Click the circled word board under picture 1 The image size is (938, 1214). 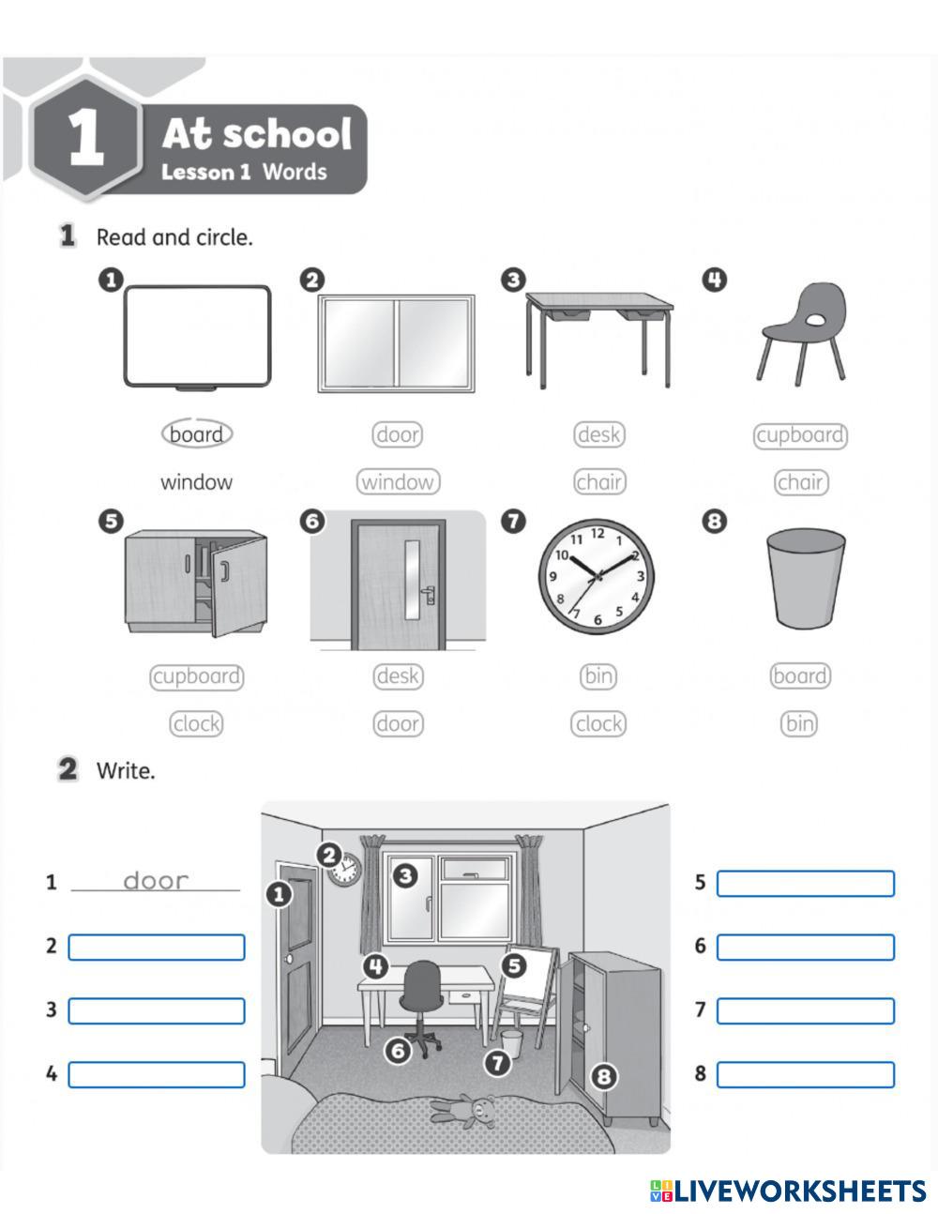(x=196, y=434)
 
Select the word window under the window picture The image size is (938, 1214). (x=398, y=482)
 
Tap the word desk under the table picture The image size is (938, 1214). (x=599, y=434)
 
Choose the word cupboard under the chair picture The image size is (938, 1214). (x=800, y=435)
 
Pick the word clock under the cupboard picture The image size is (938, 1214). (x=196, y=723)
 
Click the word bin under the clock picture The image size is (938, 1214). (x=598, y=675)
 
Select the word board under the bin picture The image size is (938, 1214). (x=800, y=675)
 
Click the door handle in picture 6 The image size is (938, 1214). (x=429, y=593)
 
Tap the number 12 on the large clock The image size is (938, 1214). (x=598, y=535)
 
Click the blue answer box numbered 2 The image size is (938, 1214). (x=157, y=947)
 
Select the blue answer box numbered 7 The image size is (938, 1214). (x=806, y=1010)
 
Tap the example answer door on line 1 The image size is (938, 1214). (x=156, y=880)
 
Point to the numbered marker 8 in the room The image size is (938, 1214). (x=603, y=1076)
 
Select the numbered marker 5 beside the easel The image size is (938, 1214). (x=514, y=964)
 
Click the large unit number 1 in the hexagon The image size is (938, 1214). (x=85, y=138)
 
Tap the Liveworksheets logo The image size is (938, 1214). (x=788, y=1191)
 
